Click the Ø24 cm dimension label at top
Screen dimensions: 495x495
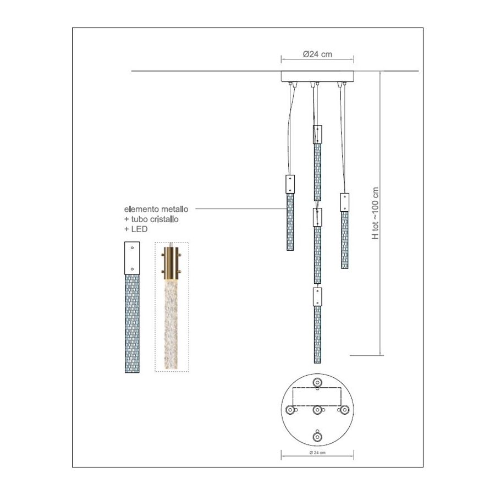(x=317, y=54)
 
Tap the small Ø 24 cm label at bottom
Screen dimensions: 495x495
(x=317, y=453)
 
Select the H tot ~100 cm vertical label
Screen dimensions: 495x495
(x=375, y=213)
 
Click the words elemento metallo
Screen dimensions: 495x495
(x=156, y=209)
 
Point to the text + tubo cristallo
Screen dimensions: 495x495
(x=151, y=219)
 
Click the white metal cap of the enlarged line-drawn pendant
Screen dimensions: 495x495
(x=132, y=258)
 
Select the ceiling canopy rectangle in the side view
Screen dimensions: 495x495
(x=317, y=76)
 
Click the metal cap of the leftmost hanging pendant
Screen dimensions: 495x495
(x=290, y=184)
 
